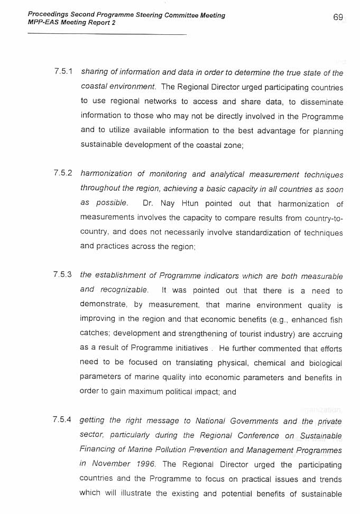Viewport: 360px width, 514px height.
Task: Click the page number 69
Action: [338, 17]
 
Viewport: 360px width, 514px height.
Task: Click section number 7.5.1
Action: [63, 71]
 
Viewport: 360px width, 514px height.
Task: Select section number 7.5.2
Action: [63, 173]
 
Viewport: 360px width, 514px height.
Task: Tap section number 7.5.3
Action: [63, 274]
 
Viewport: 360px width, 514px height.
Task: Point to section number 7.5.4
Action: [63, 420]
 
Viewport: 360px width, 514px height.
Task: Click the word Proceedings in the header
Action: [49, 15]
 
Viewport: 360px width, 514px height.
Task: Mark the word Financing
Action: [99, 450]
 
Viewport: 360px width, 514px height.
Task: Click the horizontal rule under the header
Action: [106, 35]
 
